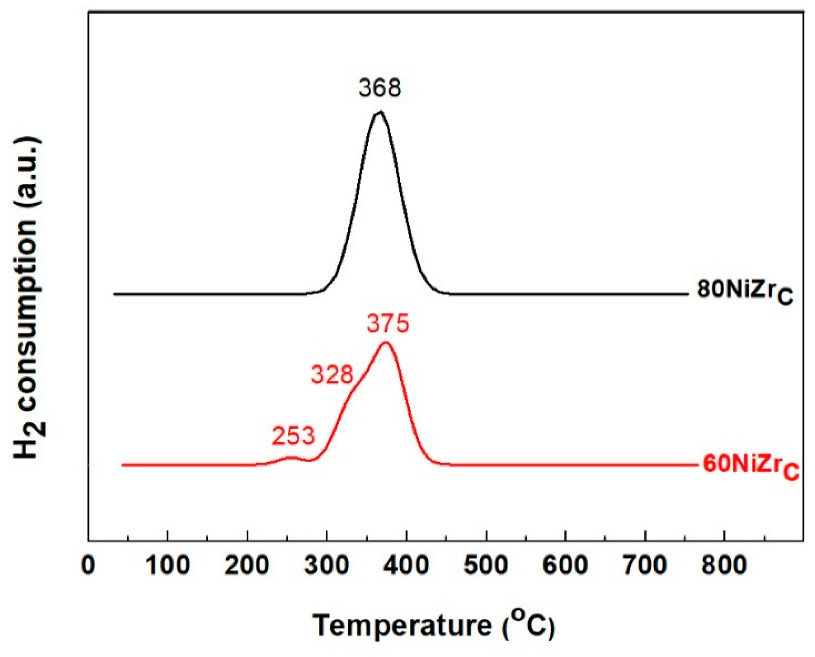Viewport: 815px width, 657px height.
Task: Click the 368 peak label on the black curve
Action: [x=379, y=87]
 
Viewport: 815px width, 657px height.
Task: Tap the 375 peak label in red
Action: [x=388, y=324]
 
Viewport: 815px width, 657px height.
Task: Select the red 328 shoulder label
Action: [x=332, y=375]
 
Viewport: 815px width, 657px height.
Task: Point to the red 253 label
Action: [x=293, y=436]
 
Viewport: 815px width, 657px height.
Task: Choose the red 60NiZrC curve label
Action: [x=751, y=465]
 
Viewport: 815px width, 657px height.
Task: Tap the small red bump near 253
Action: [x=290, y=458]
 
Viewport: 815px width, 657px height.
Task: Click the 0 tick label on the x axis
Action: [x=88, y=565]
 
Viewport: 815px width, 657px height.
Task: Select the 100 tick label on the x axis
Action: [x=168, y=565]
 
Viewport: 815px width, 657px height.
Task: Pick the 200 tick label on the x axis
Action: [x=247, y=565]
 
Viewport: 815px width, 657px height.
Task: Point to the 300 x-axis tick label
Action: [x=327, y=565]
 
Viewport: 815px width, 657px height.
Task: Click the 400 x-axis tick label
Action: [x=406, y=565]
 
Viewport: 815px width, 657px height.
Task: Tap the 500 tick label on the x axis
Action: [x=486, y=565]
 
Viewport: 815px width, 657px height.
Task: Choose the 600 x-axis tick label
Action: [x=565, y=565]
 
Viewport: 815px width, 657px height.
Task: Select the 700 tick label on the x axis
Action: [x=645, y=565]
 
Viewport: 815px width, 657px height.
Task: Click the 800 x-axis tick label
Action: [x=724, y=565]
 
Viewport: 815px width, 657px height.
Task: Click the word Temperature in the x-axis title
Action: [x=402, y=625]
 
